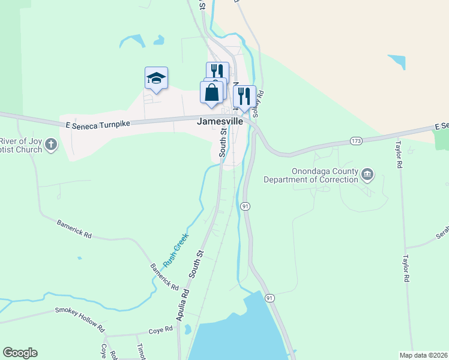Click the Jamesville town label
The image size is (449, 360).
click(220, 121)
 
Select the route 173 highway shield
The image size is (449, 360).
click(357, 141)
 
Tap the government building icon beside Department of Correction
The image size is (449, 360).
click(367, 175)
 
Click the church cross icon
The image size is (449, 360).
click(52, 144)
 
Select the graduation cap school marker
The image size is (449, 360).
click(156, 78)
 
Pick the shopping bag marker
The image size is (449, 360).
click(211, 93)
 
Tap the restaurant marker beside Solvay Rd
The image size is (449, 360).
click(244, 95)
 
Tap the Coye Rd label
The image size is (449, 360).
click(161, 329)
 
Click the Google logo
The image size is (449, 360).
click(20, 353)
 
